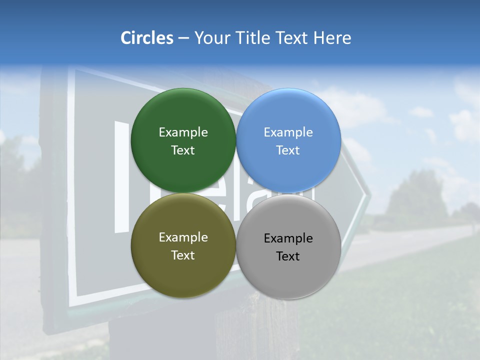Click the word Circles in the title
coord(146,38)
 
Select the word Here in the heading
coord(332,38)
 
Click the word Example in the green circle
coord(183,132)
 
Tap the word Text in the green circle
coord(183,150)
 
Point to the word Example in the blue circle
coord(288,132)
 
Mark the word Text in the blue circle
coord(288,150)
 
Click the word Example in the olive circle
coord(183,237)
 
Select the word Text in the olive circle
coord(183,255)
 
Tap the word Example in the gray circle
coord(288,238)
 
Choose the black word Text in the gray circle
coord(288,256)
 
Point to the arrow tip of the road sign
coord(369,192)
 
